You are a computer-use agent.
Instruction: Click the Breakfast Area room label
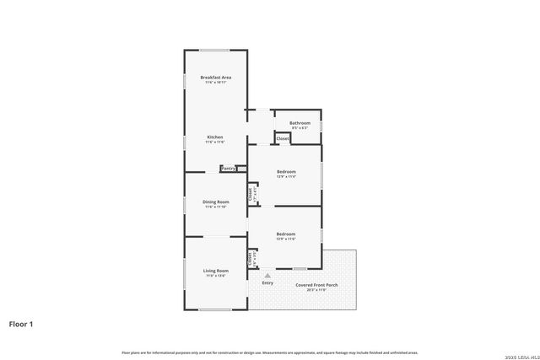tap(216, 77)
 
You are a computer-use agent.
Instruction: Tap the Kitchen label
tap(216, 137)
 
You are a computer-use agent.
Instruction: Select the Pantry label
tap(228, 169)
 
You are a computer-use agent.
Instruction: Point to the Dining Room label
tap(216, 201)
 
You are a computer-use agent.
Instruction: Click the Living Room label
tap(216, 271)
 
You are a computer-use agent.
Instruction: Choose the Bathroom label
tap(300, 123)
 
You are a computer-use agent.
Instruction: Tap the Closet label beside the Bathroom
tap(283, 138)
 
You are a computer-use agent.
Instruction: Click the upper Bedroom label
tap(286, 172)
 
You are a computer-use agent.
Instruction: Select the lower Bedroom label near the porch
tap(286, 234)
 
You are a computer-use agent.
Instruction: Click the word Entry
tap(267, 282)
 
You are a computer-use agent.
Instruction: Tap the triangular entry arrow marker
tap(267, 275)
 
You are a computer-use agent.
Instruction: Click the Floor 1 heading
tap(22, 324)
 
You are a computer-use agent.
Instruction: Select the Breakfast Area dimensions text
tap(216, 83)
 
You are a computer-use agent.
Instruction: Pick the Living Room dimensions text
tap(216, 276)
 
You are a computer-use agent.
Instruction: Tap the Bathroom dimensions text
tap(300, 128)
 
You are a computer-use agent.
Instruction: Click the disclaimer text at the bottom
tap(269, 352)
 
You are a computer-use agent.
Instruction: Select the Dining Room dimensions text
tap(216, 207)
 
